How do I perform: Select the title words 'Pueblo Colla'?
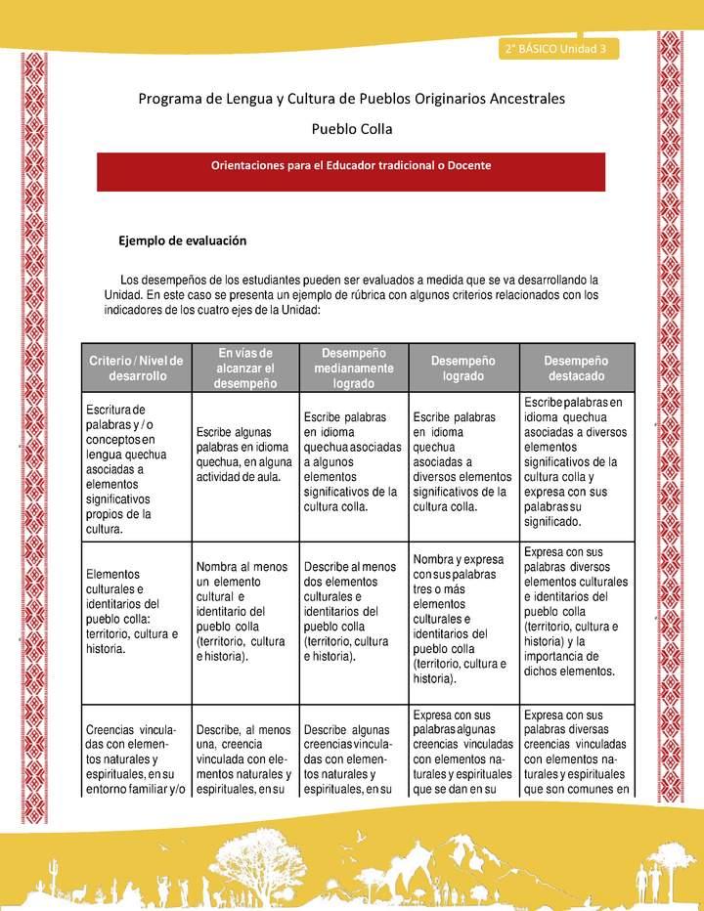351,128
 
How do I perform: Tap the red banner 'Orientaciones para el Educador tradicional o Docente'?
351,165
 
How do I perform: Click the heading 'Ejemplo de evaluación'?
182,239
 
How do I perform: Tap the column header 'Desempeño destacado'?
576,368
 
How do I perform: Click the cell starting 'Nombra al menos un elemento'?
244,611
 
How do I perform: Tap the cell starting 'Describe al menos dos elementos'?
351,611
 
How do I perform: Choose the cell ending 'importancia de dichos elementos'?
576,611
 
